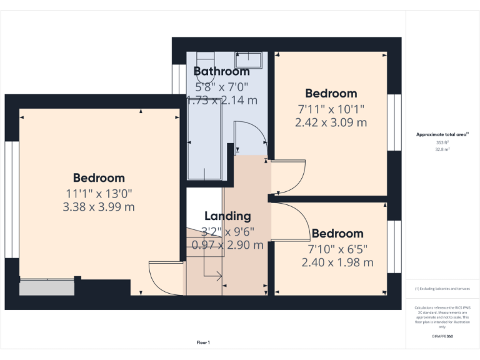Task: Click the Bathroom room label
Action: point(221,71)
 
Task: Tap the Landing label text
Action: point(227,216)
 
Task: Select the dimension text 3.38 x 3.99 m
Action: point(99,206)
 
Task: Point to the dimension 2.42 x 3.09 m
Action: point(331,122)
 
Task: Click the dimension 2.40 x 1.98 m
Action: point(337,262)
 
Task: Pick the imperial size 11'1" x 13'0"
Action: point(99,193)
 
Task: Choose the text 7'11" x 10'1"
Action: point(331,109)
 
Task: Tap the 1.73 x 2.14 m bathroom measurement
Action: point(222,100)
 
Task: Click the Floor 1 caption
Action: point(203,342)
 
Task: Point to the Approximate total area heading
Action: point(442,134)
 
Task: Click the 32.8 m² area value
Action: point(442,150)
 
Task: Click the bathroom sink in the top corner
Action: point(251,61)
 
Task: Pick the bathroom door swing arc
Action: point(251,135)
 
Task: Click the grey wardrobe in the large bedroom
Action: point(46,287)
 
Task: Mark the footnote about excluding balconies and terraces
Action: point(442,289)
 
